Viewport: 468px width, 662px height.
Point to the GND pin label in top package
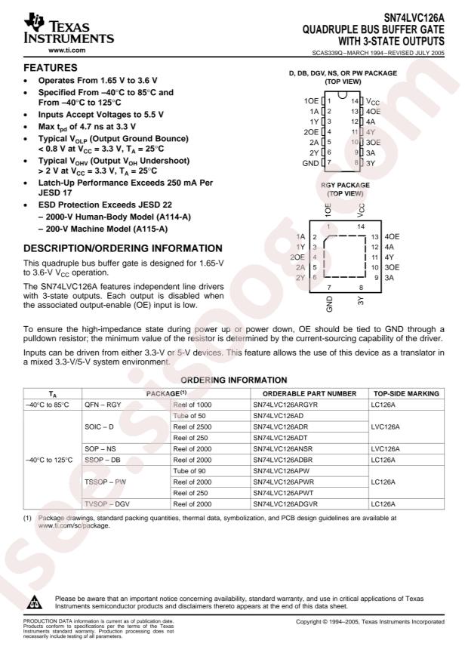coord(310,163)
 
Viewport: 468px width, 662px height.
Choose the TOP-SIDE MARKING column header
coord(406,394)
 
